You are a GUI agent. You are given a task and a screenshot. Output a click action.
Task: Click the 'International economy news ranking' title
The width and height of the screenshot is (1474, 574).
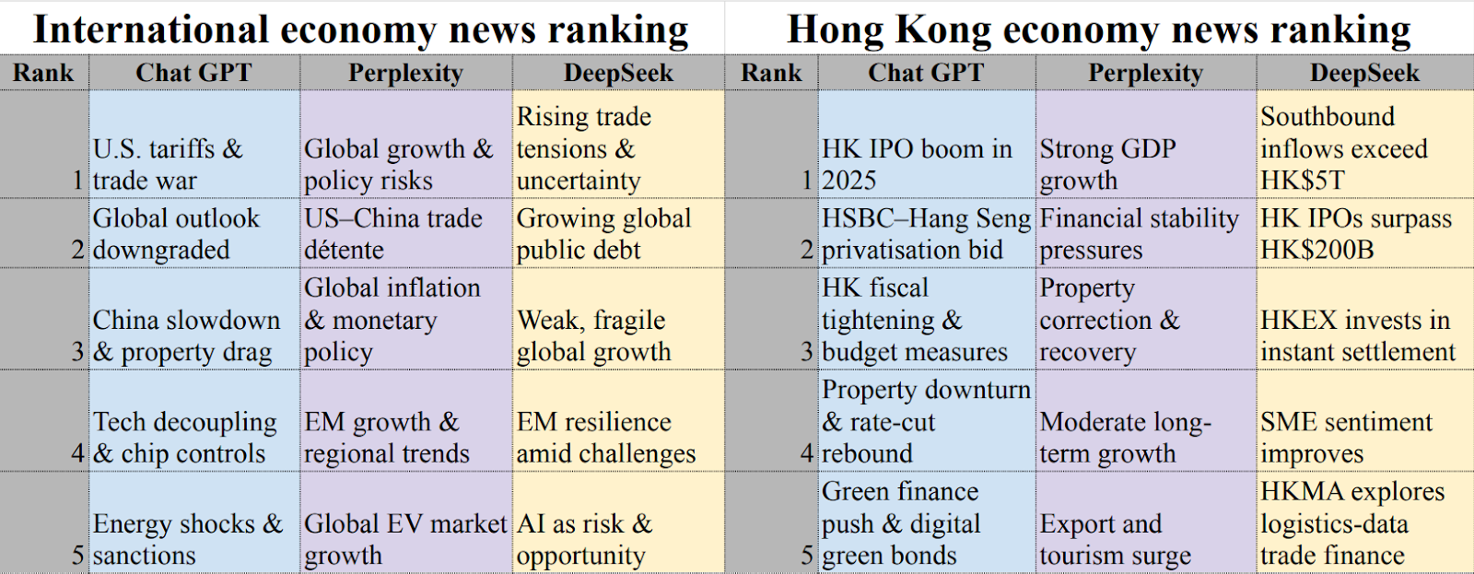click(360, 29)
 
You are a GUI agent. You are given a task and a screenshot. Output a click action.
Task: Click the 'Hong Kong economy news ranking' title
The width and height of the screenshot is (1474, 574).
click(1098, 29)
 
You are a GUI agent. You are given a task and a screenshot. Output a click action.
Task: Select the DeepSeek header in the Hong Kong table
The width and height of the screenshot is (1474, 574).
click(1364, 73)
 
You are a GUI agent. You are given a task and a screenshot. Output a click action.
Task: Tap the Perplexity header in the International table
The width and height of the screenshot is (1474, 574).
click(405, 73)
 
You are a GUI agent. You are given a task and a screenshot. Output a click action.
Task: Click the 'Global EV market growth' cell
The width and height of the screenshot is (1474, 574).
click(405, 539)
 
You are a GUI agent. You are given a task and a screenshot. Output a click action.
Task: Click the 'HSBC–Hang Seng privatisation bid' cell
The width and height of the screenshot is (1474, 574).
click(926, 234)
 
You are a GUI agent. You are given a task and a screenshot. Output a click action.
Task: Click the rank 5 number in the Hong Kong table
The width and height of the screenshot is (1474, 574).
click(807, 556)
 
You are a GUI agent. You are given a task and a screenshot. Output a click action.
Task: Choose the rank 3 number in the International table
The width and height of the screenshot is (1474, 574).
click(78, 352)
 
